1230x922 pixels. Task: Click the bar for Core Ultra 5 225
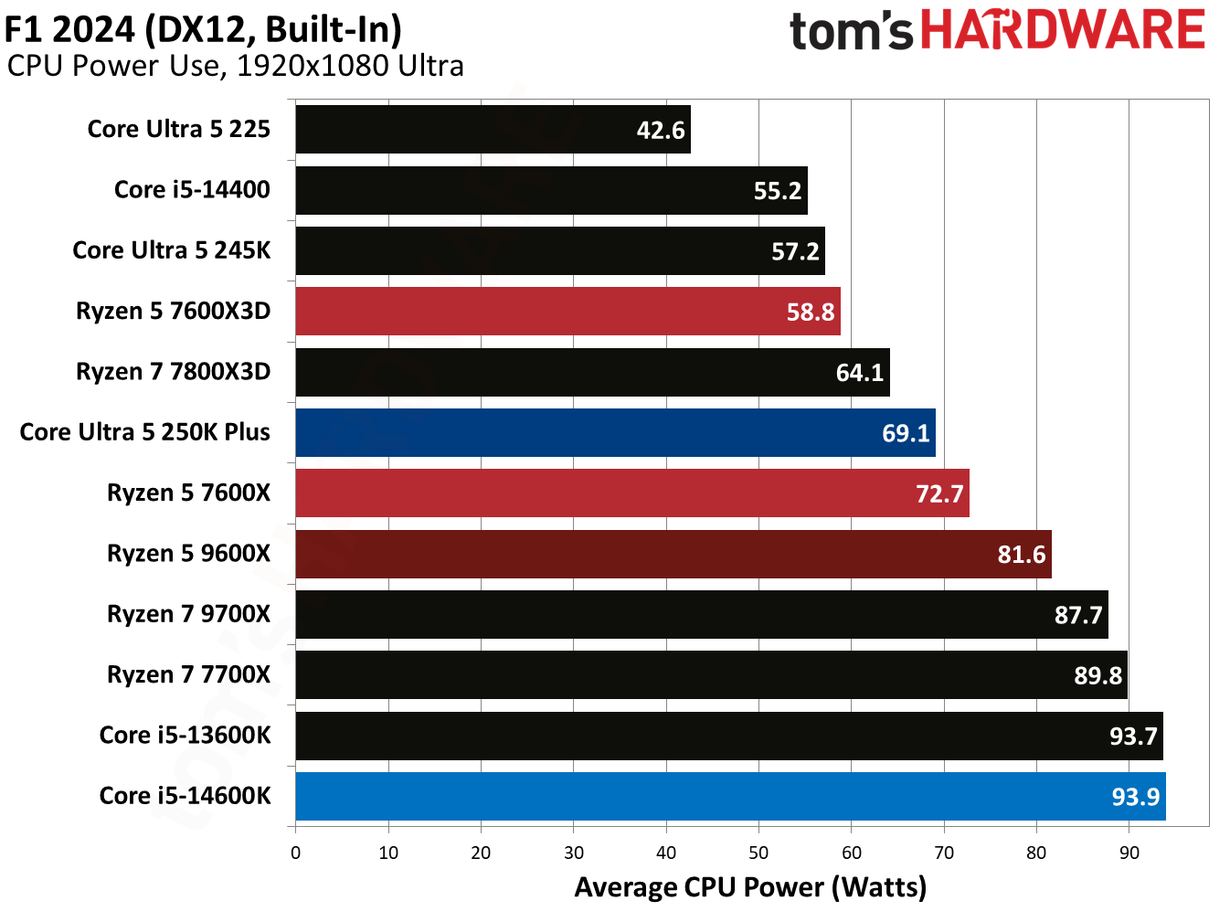coord(493,130)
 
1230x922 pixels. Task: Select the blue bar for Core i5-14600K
coord(730,796)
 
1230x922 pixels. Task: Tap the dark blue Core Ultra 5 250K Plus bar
coord(615,432)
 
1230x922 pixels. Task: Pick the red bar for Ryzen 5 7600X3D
coord(567,312)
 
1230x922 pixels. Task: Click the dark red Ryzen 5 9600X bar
coord(673,554)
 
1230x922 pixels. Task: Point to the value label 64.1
coord(859,373)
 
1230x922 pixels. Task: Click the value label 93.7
coord(1132,737)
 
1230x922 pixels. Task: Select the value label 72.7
coord(938,494)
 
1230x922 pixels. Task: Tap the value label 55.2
coord(777,191)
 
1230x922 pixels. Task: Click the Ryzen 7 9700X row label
coord(188,614)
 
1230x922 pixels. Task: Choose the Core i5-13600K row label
coord(185,736)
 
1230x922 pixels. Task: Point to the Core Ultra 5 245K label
coord(171,250)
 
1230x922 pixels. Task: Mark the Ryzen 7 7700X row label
coord(188,674)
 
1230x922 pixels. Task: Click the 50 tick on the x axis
coord(758,853)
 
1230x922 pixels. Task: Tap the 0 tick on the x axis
coord(295,853)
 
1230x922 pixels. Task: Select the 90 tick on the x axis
coord(1129,853)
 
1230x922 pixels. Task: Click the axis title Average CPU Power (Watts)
coord(750,887)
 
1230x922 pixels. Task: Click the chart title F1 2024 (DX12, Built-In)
coord(203,29)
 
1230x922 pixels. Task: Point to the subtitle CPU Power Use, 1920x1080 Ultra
coord(235,66)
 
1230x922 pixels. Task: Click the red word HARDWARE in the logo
coord(1062,30)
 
